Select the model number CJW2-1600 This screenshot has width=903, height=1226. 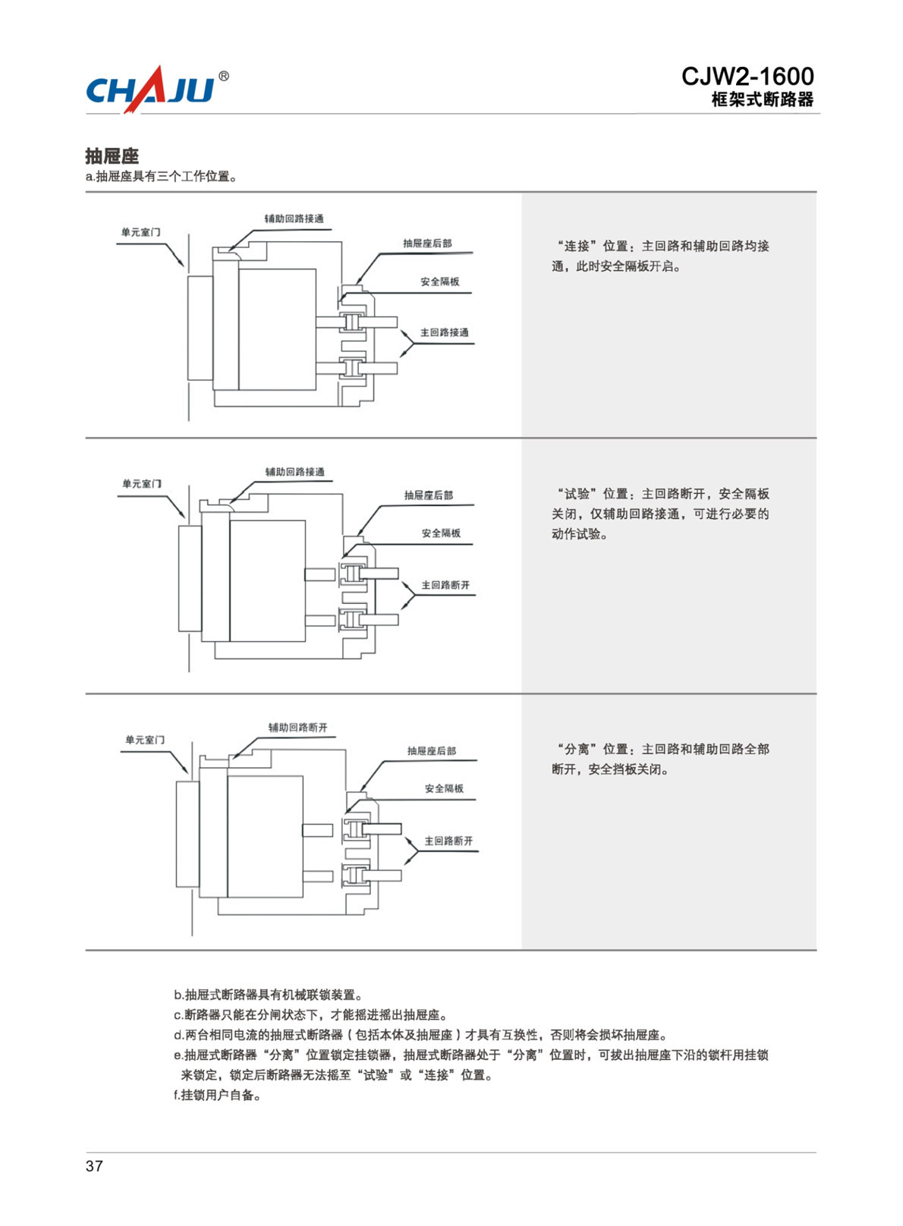pyautogui.click(x=747, y=76)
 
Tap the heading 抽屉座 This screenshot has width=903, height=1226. pyautogui.click(x=112, y=156)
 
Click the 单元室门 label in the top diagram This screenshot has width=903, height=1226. pyautogui.click(x=140, y=232)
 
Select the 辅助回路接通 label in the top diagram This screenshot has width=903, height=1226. pyautogui.click(x=294, y=218)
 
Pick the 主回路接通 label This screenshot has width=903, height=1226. pyautogui.click(x=445, y=332)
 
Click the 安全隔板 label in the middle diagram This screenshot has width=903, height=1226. pyautogui.click(x=441, y=533)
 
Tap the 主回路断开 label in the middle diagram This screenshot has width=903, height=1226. pyautogui.click(x=445, y=585)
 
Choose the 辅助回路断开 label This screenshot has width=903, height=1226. pyautogui.click(x=297, y=728)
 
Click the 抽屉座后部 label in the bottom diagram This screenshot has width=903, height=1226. pyautogui.click(x=432, y=751)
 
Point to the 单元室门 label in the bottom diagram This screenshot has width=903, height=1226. pyautogui.click(x=144, y=740)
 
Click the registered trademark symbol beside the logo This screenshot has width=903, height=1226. pyautogui.click(x=224, y=77)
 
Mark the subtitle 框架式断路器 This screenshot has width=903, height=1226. pyautogui.click(x=763, y=99)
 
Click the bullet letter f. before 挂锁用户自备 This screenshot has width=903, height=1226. pyautogui.click(x=177, y=1096)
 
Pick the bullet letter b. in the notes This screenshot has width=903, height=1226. pyautogui.click(x=178, y=995)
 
